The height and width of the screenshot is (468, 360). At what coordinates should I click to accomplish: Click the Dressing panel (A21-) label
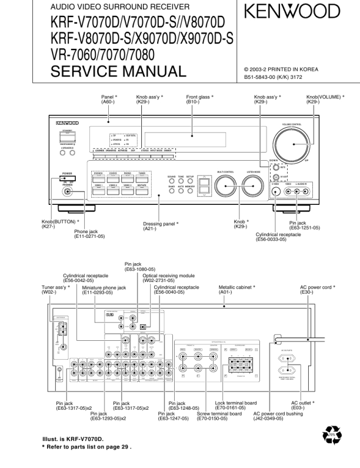coord(161,227)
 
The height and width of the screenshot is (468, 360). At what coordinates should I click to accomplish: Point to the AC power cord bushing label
coord(276,416)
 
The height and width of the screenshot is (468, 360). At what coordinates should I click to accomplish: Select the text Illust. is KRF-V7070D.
coord(72,439)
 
